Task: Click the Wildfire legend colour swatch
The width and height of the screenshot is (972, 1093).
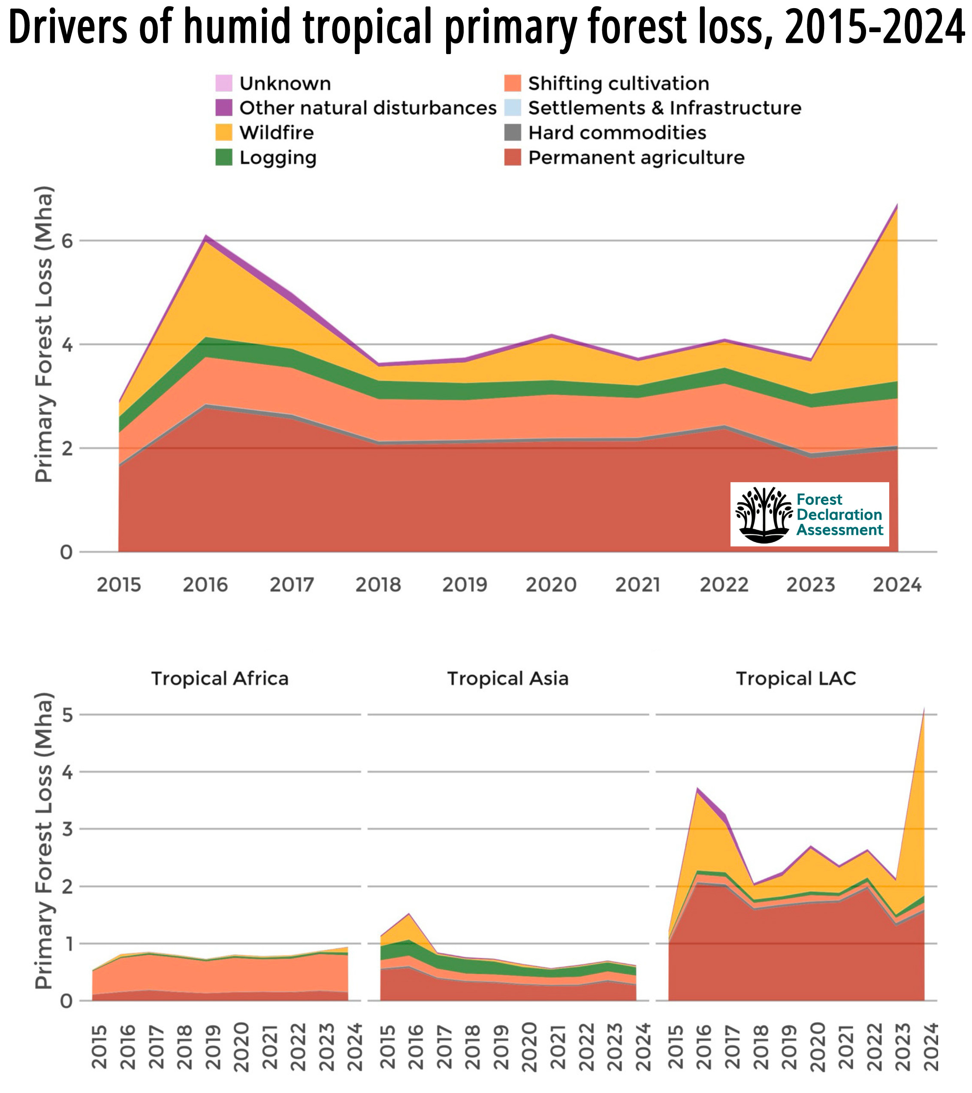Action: pyautogui.click(x=224, y=133)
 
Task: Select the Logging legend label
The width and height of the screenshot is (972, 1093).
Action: pyautogui.click(x=278, y=158)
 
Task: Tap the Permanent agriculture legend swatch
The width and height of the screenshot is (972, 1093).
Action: pyautogui.click(x=513, y=158)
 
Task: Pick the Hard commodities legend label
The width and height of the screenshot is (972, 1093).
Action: pyautogui.click(x=617, y=133)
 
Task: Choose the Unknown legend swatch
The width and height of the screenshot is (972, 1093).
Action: pyautogui.click(x=224, y=83)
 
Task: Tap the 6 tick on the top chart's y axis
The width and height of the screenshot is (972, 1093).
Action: pyautogui.click(x=67, y=241)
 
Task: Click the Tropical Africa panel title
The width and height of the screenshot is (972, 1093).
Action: pyautogui.click(x=220, y=679)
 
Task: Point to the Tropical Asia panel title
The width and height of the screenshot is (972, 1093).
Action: pyautogui.click(x=507, y=679)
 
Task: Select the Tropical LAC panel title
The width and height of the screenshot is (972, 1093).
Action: pyautogui.click(x=796, y=679)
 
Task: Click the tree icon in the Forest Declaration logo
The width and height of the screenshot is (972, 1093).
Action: pyautogui.click(x=764, y=514)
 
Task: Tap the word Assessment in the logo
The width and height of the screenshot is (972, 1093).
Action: pyautogui.click(x=839, y=530)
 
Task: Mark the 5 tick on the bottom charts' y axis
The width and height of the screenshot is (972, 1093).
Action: pyautogui.click(x=67, y=715)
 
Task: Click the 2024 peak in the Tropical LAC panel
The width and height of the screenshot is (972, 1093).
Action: pyautogui.click(x=924, y=709)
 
